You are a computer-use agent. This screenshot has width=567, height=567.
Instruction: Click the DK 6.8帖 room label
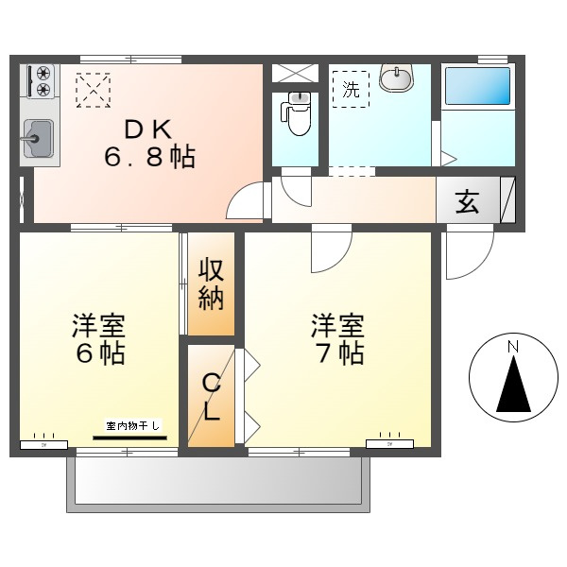point(149,143)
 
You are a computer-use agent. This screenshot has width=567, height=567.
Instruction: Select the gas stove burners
point(42,81)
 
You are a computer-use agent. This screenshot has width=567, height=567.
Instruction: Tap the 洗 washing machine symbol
point(351,91)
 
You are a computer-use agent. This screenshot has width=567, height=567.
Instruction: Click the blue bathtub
point(477,87)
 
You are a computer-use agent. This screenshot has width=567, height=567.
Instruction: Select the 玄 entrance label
point(467,201)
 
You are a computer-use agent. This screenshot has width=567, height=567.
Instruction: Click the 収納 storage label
point(210,283)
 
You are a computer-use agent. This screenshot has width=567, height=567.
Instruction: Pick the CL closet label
point(211,397)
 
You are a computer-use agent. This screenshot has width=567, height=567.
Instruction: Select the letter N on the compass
point(512,348)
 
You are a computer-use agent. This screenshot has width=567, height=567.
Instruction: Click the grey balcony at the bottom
point(217,482)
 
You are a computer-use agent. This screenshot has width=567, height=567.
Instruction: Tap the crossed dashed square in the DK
point(94,92)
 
